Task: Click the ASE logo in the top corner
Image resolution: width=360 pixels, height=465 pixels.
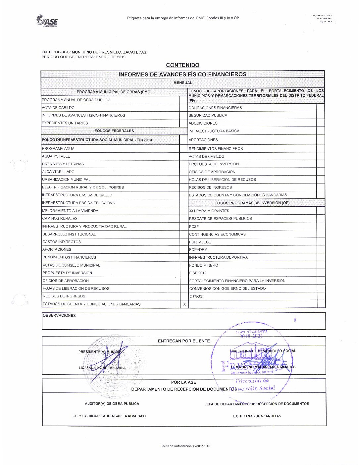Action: (47, 21)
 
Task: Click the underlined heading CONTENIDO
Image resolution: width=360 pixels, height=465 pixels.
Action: (182, 65)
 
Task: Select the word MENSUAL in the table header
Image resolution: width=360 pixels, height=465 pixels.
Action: (182, 83)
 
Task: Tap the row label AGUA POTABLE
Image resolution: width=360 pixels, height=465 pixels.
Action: (56, 156)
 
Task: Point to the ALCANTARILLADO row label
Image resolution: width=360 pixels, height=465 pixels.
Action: (58, 172)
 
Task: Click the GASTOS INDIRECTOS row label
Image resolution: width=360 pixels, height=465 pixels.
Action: (62, 242)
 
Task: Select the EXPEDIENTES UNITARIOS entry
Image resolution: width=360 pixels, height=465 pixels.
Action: (65, 123)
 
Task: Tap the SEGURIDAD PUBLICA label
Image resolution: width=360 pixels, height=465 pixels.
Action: (208, 116)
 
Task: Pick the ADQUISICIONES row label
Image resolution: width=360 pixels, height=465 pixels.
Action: (203, 123)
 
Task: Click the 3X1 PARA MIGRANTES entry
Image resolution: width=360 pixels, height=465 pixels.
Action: (209, 211)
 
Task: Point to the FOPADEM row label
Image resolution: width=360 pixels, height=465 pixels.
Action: (198, 250)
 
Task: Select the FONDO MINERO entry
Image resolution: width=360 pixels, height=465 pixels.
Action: (203, 265)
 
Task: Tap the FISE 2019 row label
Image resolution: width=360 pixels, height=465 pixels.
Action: (198, 273)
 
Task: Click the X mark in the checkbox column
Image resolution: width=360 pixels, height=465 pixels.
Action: (184, 304)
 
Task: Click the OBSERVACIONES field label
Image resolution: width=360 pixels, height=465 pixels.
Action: (59, 316)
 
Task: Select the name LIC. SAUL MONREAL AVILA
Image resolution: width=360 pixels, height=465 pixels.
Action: (102, 368)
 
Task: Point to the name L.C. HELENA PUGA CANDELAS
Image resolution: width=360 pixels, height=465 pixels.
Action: (257, 416)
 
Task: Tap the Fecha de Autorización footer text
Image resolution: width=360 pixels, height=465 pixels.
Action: (185, 446)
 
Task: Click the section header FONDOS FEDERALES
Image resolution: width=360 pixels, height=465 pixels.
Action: (114, 131)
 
